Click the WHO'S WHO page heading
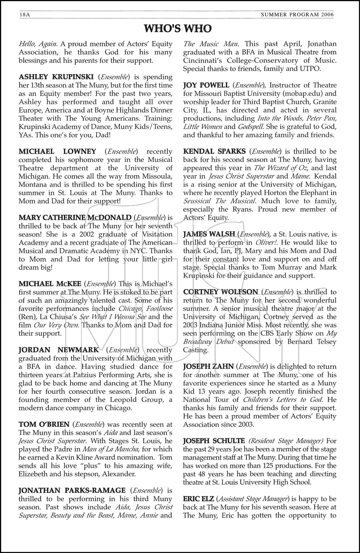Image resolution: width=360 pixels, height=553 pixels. click(178, 29)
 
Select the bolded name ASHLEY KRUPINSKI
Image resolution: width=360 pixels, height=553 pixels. click(55, 77)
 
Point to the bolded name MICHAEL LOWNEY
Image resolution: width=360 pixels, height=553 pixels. click(57, 152)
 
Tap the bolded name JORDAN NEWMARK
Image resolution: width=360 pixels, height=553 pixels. click(59, 350)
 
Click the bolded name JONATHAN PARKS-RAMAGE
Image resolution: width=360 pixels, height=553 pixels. click(72, 490)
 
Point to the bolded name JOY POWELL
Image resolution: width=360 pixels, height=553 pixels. click(206, 85)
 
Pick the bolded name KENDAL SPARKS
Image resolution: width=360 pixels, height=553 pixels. click(214, 152)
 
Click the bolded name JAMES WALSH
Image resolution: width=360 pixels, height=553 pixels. click(209, 234)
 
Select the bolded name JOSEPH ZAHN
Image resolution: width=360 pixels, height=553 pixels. click(208, 366)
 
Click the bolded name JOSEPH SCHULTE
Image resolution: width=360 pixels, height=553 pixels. click(214, 441)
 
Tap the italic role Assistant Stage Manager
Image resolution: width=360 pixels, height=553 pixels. click(254, 499)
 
